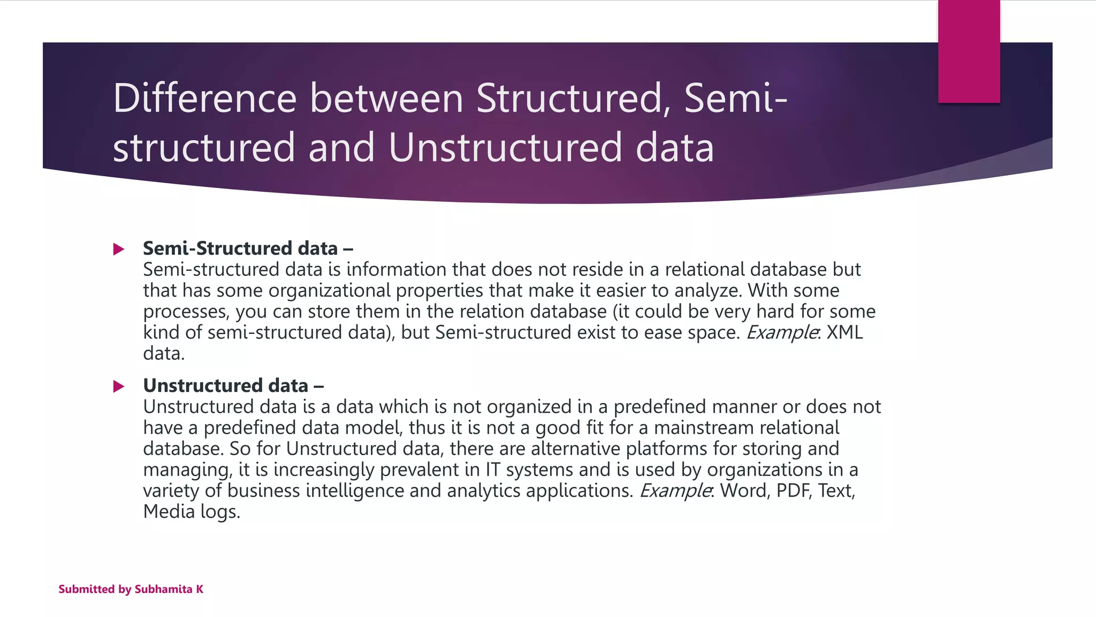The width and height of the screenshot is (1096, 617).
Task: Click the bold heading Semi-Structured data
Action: click(x=240, y=249)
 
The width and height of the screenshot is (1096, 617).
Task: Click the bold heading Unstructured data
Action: click(x=225, y=386)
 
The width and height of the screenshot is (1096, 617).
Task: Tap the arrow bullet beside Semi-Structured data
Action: click(x=119, y=249)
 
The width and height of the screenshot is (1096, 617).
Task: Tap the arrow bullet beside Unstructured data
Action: click(x=119, y=386)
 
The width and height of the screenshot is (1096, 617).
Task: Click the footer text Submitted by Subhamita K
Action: click(x=131, y=589)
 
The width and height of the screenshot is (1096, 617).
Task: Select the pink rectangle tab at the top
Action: click(x=969, y=51)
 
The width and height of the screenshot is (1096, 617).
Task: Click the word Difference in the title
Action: click(x=204, y=99)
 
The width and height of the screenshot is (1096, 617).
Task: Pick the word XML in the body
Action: click(x=844, y=333)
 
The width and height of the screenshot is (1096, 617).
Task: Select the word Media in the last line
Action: click(x=169, y=511)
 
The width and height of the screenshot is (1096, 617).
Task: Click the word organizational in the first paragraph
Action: click(x=329, y=291)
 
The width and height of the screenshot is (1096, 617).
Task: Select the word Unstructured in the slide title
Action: click(x=505, y=148)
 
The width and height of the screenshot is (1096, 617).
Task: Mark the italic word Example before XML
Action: click(x=781, y=333)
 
